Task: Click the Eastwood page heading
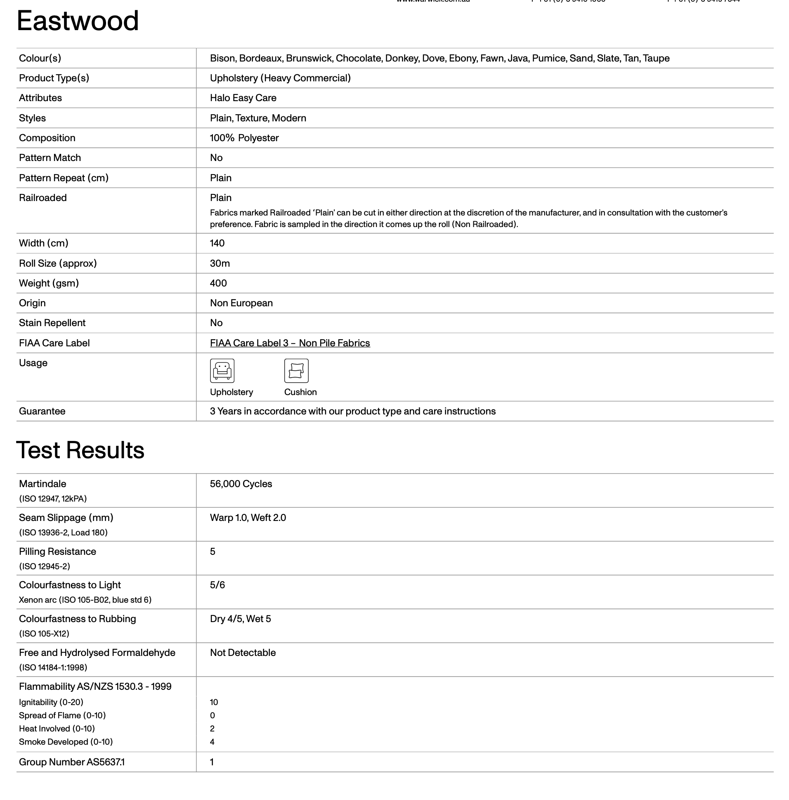[78, 21]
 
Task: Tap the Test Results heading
[80, 450]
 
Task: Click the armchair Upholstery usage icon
[222, 370]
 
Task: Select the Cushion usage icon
[296, 370]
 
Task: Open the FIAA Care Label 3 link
[289, 343]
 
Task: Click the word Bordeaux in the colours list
[260, 58]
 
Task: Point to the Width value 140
[217, 243]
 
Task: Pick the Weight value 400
[218, 283]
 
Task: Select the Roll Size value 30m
[220, 263]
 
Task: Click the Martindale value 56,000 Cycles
[241, 484]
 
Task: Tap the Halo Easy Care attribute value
[243, 98]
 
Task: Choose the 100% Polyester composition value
[244, 138]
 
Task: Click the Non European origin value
[241, 303]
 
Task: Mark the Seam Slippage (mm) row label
[66, 518]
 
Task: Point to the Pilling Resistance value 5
[213, 551]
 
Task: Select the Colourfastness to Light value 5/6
[217, 585]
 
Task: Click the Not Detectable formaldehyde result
[243, 653]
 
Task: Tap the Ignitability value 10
[214, 702]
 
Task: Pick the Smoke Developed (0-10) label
[66, 742]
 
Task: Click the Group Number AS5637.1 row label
[72, 762]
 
